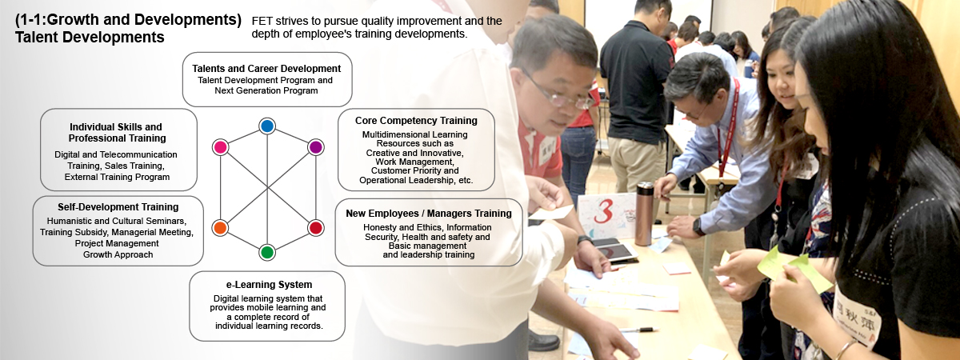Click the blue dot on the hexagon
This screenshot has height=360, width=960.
click(x=267, y=126)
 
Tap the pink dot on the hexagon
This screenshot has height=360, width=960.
click(x=220, y=147)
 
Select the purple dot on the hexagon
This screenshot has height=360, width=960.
click(x=315, y=147)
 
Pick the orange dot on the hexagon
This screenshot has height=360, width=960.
click(x=220, y=227)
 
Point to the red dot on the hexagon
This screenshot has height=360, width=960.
click(x=315, y=227)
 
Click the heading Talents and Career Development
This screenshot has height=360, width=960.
click(x=266, y=69)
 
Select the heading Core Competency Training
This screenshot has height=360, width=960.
click(x=416, y=121)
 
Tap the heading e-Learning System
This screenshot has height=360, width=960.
click(x=269, y=285)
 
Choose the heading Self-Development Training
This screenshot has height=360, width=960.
click(x=118, y=207)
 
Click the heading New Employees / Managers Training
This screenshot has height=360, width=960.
click(x=429, y=214)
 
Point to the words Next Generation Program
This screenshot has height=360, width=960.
click(x=266, y=90)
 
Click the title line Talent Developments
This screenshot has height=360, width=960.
click(x=90, y=38)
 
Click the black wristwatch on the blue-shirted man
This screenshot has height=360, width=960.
click(x=698, y=226)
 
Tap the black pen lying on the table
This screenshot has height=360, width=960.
click(x=638, y=330)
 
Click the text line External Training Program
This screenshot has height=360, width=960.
click(x=117, y=177)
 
